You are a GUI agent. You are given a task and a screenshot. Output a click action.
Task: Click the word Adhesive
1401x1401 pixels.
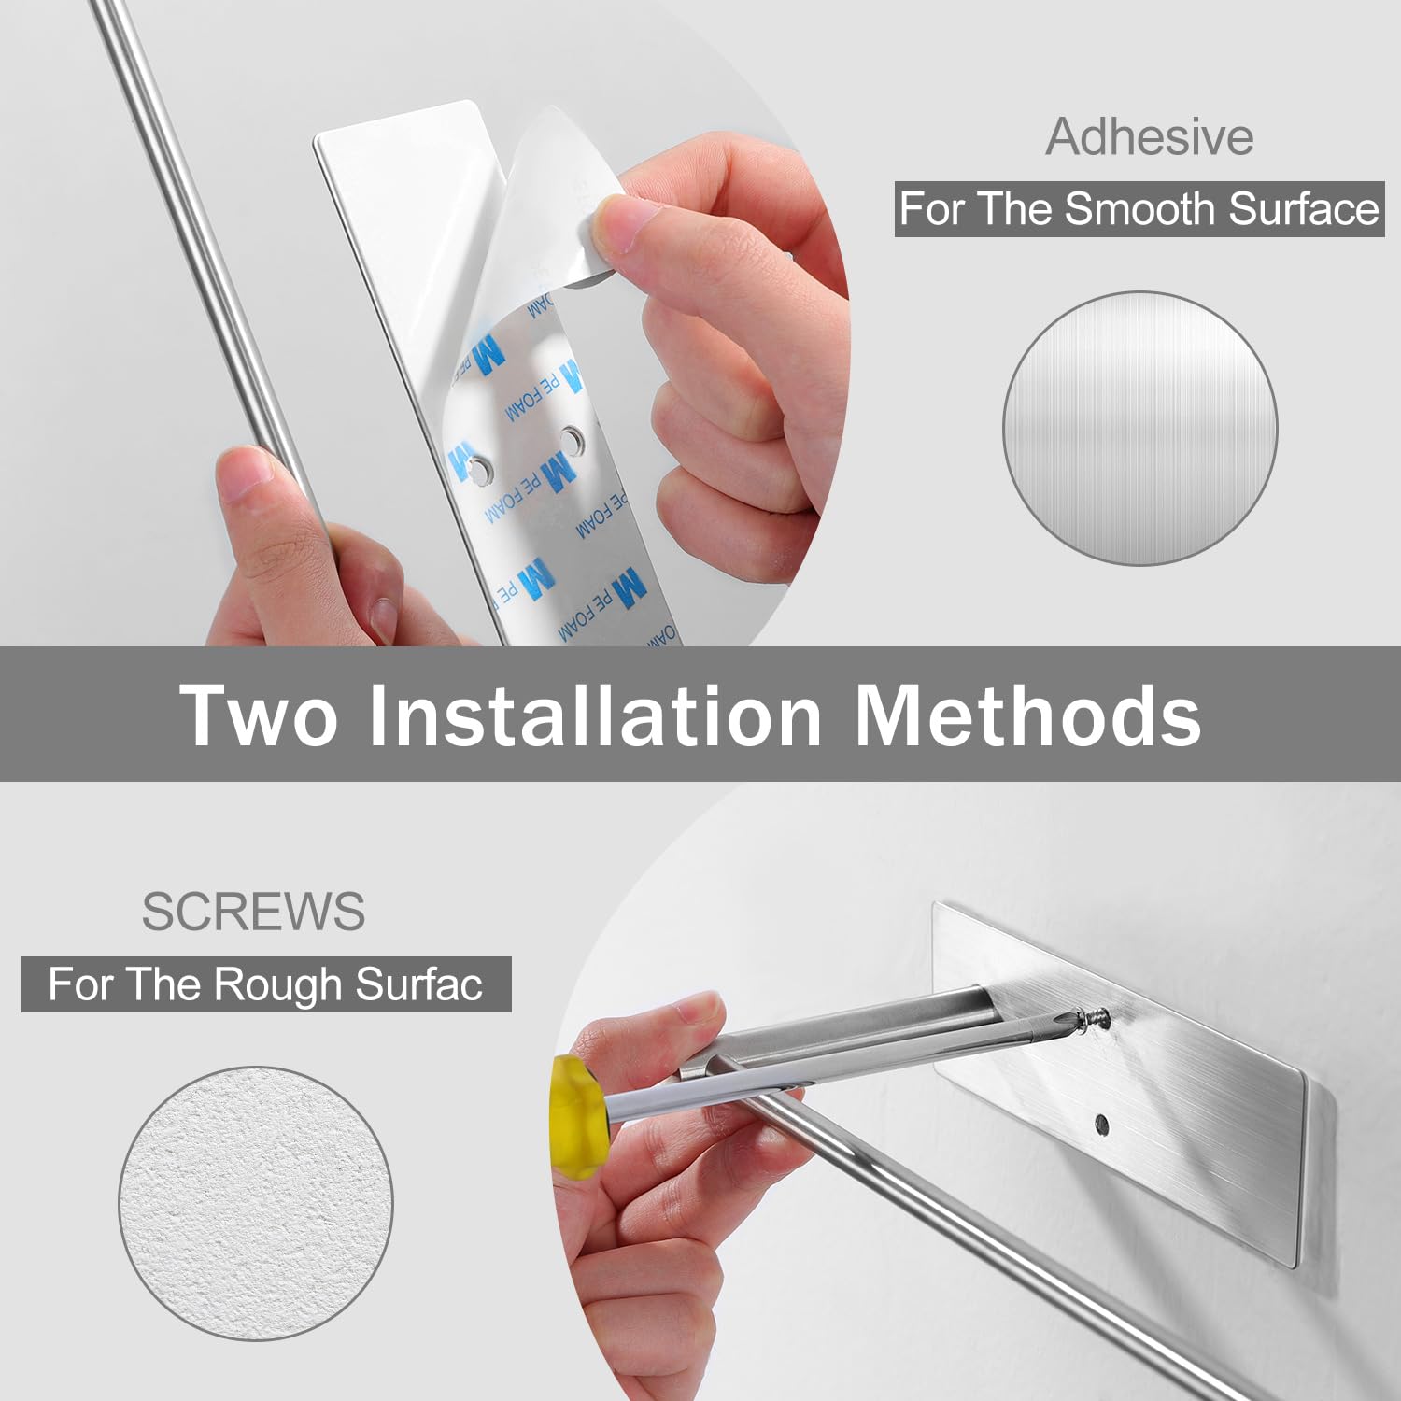tap(1149, 137)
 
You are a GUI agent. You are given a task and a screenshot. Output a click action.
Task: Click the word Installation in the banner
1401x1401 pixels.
tap(595, 715)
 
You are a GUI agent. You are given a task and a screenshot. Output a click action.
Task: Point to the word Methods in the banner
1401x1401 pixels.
tap(1027, 715)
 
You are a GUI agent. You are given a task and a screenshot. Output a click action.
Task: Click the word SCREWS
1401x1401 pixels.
tap(253, 912)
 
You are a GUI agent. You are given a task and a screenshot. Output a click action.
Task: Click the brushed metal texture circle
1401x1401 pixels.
tap(1139, 428)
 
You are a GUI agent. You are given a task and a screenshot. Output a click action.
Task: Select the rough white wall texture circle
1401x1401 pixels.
tap(255, 1204)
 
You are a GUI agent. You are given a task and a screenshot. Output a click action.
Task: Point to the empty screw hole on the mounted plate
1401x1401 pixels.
tap(1101, 1125)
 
